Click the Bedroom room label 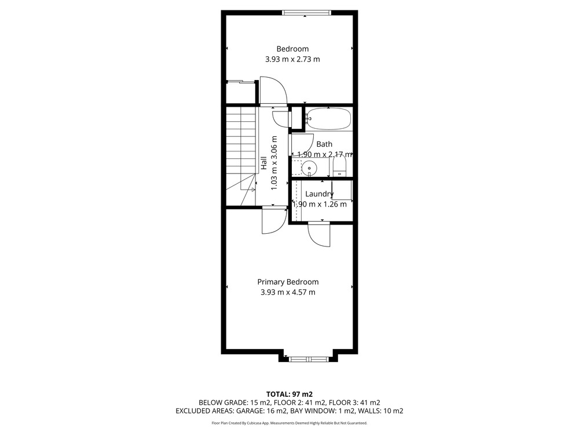[292, 49]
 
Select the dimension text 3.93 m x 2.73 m [292, 59]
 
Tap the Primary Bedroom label [288, 282]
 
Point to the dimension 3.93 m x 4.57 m [288, 292]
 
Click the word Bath [324, 144]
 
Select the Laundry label [320, 194]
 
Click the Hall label [263, 163]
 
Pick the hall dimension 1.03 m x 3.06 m [274, 163]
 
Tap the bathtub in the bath [328, 119]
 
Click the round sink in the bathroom [309, 168]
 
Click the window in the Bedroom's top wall [306, 13]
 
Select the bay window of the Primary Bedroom [309, 359]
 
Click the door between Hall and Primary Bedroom [274, 221]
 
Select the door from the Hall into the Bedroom [273, 90]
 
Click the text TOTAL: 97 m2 [289, 394]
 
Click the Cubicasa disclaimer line [289, 423]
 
